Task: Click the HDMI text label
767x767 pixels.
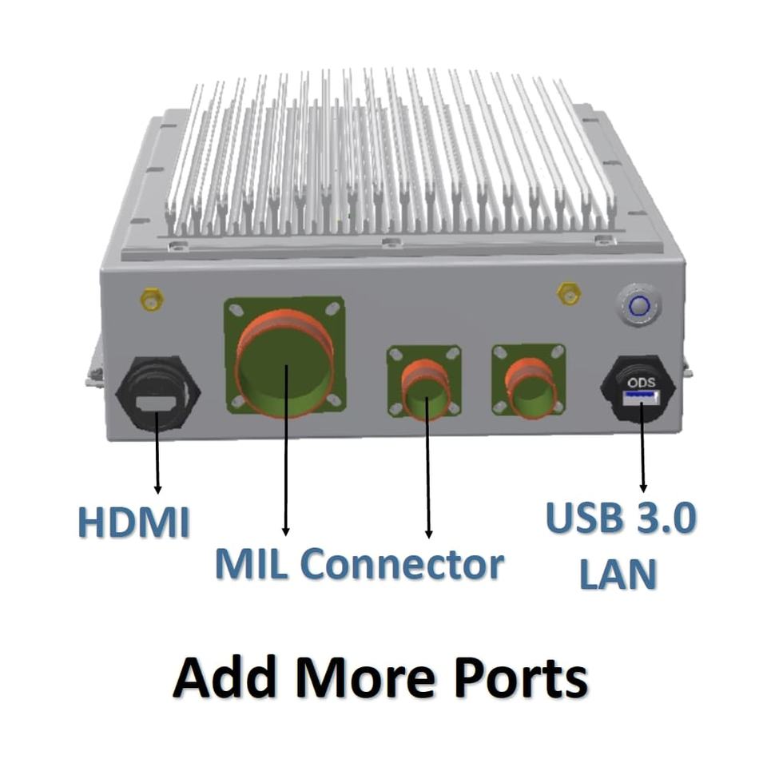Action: tap(133, 522)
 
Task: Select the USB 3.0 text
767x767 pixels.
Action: tap(620, 519)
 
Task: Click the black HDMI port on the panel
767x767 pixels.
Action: tap(157, 393)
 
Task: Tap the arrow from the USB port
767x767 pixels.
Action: tap(642, 447)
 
